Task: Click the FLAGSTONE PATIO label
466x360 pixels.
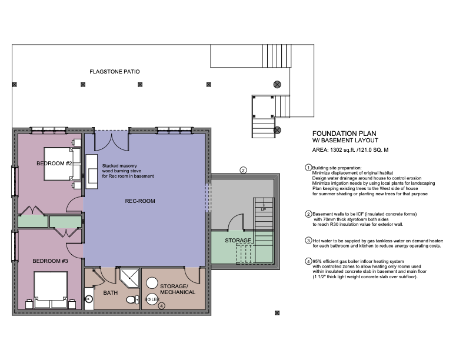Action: click(114, 72)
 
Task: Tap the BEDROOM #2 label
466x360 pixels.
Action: click(54, 164)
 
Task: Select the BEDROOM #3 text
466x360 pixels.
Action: click(50, 261)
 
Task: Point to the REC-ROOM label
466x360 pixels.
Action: click(140, 201)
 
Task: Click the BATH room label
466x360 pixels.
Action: click(110, 293)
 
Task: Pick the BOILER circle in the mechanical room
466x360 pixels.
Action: click(152, 299)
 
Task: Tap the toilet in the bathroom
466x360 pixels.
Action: click(132, 299)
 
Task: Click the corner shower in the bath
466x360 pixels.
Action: click(129, 278)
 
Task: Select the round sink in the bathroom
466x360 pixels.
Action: click(89, 299)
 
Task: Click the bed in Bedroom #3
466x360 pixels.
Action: click(50, 290)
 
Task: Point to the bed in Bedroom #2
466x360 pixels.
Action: click(62, 164)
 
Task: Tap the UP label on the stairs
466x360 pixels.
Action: click(264, 209)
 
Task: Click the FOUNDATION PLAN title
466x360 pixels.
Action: click(344, 134)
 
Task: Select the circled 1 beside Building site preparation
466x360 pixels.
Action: click(308, 168)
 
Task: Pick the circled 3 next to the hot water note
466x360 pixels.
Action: click(308, 241)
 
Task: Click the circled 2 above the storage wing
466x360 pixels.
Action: click(243, 170)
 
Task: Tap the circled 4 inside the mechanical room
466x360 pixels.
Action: click(161, 306)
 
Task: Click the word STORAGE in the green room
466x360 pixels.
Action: click(238, 241)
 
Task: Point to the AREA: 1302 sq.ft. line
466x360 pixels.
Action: click(350, 150)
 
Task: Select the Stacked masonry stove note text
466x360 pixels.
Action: click(128, 171)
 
